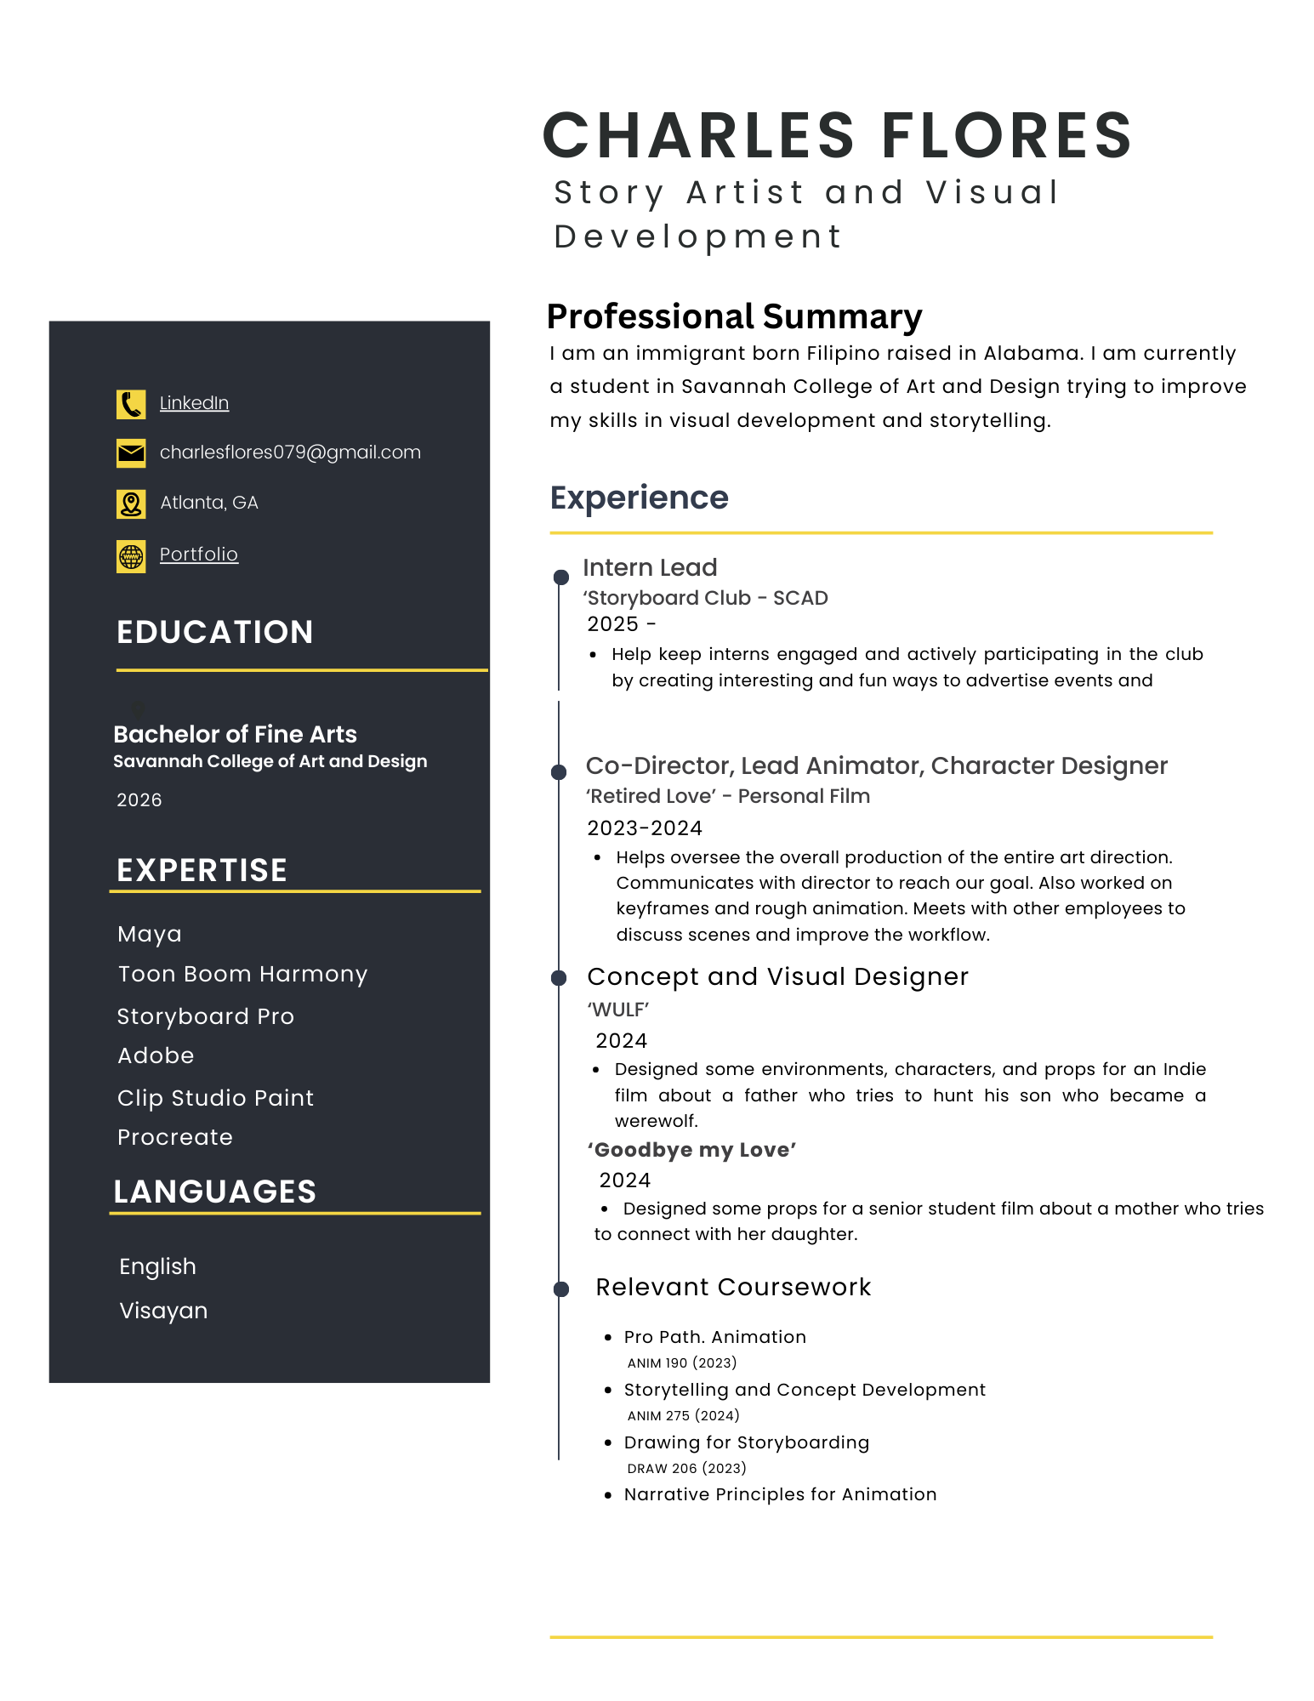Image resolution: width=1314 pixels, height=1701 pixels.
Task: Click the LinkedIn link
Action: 194,403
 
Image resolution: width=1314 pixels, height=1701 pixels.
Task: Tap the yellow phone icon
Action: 131,404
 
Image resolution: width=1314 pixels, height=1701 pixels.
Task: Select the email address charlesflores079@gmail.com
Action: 290,452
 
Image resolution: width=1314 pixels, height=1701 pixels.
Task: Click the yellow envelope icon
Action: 131,453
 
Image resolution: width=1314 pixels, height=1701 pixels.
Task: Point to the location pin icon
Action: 131,504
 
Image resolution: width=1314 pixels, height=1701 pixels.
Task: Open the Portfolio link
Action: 199,555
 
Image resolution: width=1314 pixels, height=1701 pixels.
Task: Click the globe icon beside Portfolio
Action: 131,557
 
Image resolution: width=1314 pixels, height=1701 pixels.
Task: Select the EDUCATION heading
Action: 215,632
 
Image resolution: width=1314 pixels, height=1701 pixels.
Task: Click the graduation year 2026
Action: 139,800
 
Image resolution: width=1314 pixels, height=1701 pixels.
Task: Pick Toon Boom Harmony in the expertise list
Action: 242,974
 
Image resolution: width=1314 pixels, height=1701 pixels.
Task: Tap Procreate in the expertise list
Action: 175,1137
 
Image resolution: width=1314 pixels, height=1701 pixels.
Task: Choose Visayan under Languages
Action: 163,1311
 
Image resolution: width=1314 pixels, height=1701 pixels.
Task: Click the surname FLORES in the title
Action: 1007,136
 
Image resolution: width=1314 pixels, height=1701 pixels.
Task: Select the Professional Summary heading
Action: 734,316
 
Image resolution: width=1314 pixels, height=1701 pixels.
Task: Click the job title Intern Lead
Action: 650,567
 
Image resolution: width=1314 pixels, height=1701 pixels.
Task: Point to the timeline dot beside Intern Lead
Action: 561,577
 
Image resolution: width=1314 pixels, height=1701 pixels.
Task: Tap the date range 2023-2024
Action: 645,828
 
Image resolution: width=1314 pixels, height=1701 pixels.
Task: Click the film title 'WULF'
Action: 618,1010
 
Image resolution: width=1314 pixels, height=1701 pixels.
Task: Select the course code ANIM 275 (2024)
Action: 683,1416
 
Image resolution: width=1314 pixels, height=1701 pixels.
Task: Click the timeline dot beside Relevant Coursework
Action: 561,1289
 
